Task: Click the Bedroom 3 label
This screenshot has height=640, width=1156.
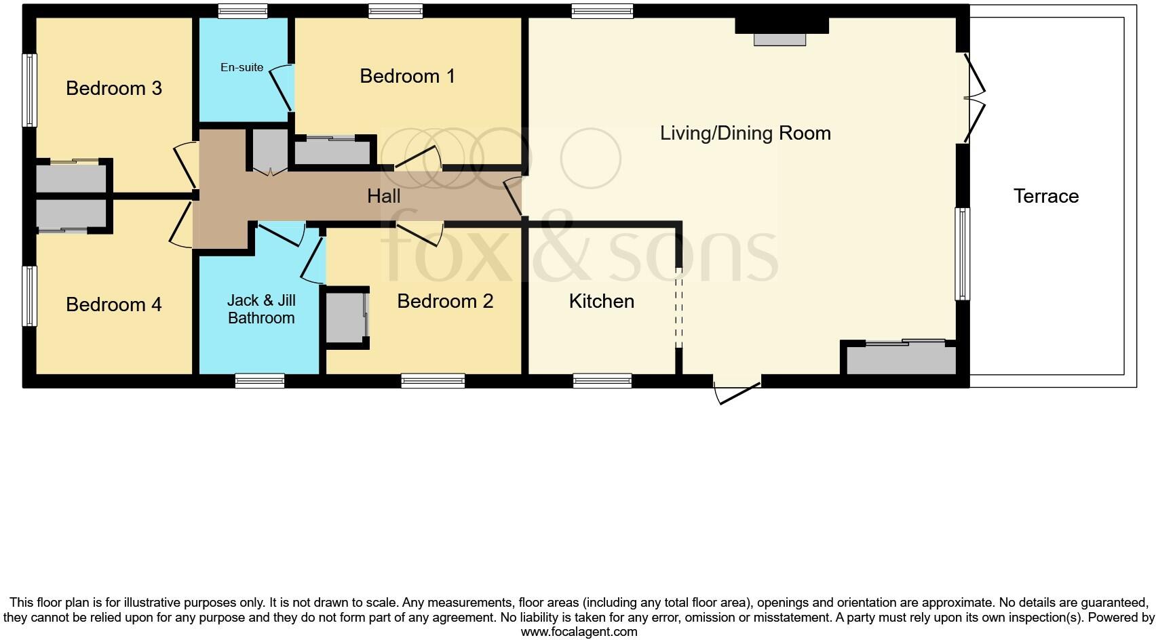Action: point(114,89)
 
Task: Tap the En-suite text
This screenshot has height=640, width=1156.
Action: point(242,68)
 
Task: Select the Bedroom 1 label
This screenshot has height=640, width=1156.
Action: point(407,76)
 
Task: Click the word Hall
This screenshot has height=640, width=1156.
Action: point(383,197)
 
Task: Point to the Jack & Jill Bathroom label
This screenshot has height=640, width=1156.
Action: point(261,309)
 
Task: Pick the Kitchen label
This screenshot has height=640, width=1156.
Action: point(601,301)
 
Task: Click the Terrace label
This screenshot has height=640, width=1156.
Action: point(1045,197)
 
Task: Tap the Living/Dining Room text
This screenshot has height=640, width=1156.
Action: point(745,133)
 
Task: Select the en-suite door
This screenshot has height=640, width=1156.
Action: point(282,88)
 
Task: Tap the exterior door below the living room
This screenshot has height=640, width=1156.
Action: point(737,392)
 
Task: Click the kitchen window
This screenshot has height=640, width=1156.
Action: point(602,381)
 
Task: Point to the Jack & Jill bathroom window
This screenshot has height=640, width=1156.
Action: point(259,381)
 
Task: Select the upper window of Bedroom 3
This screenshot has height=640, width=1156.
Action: point(29,90)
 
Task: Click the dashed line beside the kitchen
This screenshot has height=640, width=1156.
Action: point(678,308)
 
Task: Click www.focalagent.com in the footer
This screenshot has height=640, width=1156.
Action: point(579,632)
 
